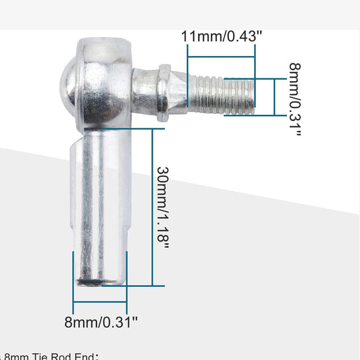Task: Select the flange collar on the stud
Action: [163, 93]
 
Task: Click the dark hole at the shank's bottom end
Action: [91, 280]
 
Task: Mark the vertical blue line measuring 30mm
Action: [153, 206]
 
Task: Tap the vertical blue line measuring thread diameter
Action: [274, 97]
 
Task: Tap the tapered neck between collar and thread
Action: [180, 92]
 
